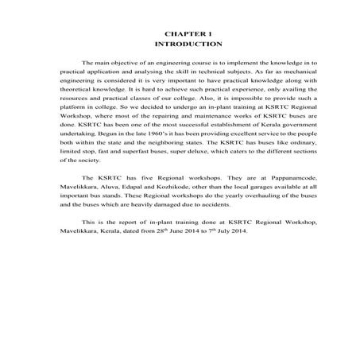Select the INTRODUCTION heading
pyautogui.click(x=180, y=45)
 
